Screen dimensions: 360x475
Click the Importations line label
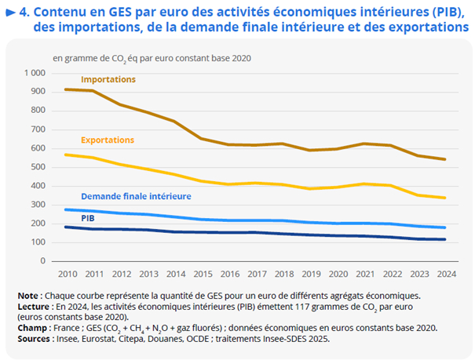pos(108,80)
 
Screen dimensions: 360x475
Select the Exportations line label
pos(108,140)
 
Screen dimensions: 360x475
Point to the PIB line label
pos(89,217)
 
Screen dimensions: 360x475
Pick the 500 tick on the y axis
pos(39,167)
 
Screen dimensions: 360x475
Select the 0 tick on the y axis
pos(44,261)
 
